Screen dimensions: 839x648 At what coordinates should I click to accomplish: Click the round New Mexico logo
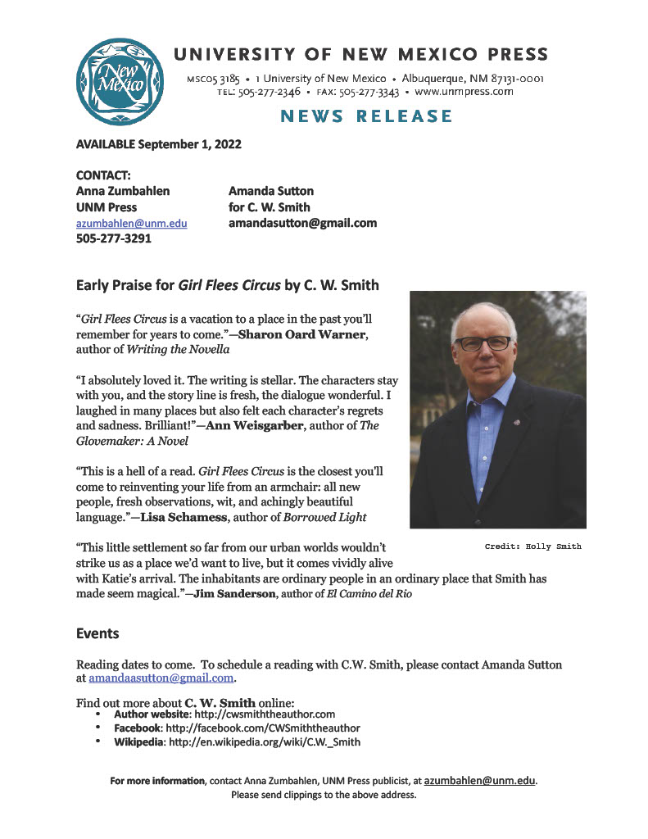116,81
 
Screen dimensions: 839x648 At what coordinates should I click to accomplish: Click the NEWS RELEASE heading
366,116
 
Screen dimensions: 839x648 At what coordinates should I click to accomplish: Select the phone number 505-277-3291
114,239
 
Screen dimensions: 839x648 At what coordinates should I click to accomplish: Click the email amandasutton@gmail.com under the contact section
302,223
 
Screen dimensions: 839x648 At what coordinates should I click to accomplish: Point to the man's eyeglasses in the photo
483,342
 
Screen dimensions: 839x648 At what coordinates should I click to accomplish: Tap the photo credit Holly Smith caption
532,546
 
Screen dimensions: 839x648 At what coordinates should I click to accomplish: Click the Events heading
97,633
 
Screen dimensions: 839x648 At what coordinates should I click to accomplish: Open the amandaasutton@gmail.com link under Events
162,678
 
